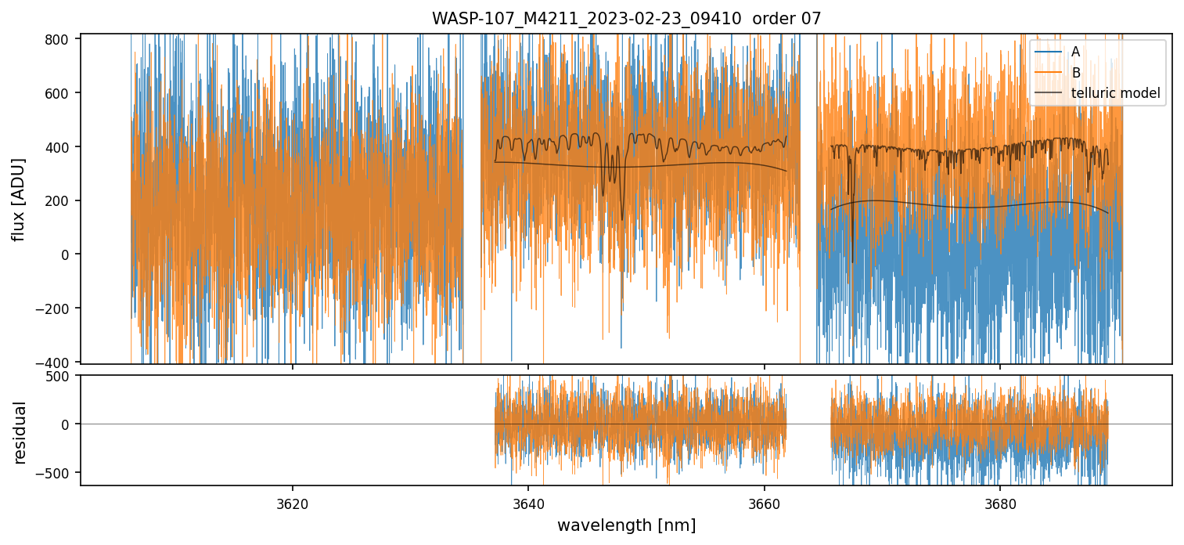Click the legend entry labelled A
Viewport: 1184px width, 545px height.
click(1076, 52)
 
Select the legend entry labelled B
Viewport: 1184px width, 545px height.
click(1076, 73)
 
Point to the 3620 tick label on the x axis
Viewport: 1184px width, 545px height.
click(293, 502)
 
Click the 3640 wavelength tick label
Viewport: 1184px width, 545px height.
click(528, 502)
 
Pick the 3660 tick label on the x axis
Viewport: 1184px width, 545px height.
click(765, 502)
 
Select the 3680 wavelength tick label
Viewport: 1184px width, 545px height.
click(1001, 502)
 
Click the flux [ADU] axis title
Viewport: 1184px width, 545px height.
click(19, 199)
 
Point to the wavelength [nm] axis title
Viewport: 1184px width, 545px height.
click(626, 525)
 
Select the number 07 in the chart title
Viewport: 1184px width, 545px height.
click(811, 19)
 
